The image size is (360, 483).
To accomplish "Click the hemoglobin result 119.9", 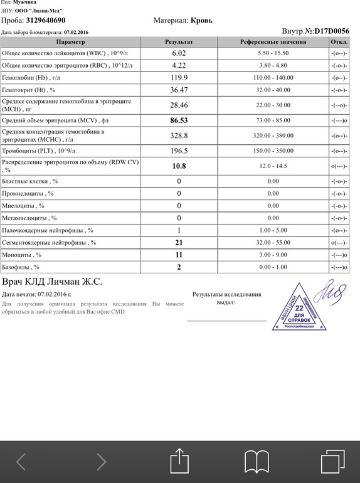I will [179, 78].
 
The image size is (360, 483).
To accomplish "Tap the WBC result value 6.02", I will [179, 54].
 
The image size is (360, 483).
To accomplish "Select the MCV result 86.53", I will [179, 119].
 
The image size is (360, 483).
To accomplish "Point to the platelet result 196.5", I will [179, 151].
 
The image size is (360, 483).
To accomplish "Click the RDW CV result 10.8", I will [179, 166].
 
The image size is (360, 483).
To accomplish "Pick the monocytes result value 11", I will [179, 255].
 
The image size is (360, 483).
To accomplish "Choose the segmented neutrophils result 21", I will [179, 243].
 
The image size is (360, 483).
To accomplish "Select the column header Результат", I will [179, 41].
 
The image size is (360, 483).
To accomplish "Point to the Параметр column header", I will [70, 41].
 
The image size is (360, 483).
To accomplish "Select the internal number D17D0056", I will [332, 30].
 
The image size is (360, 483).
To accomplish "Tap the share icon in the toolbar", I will [179, 461].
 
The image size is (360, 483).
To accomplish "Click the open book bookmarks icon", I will [257, 461].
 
